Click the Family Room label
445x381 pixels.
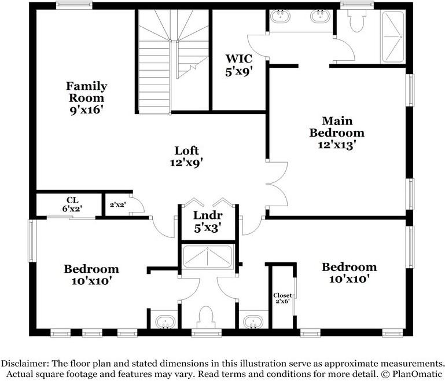(87, 98)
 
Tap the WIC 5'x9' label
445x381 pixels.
(238, 65)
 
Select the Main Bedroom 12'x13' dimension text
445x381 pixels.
(337, 145)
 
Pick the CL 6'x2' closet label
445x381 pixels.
(72, 204)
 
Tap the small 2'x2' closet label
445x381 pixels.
(118, 204)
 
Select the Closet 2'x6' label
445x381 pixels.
(282, 298)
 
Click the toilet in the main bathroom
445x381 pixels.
(356, 20)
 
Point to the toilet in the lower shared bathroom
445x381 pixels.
(206, 317)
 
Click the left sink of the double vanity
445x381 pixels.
(280, 16)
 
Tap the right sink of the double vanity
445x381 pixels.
(320, 16)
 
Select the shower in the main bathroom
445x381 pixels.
(393, 36)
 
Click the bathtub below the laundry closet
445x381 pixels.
(208, 257)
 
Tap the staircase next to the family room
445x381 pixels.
(174, 61)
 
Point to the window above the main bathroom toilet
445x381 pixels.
(357, 5)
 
